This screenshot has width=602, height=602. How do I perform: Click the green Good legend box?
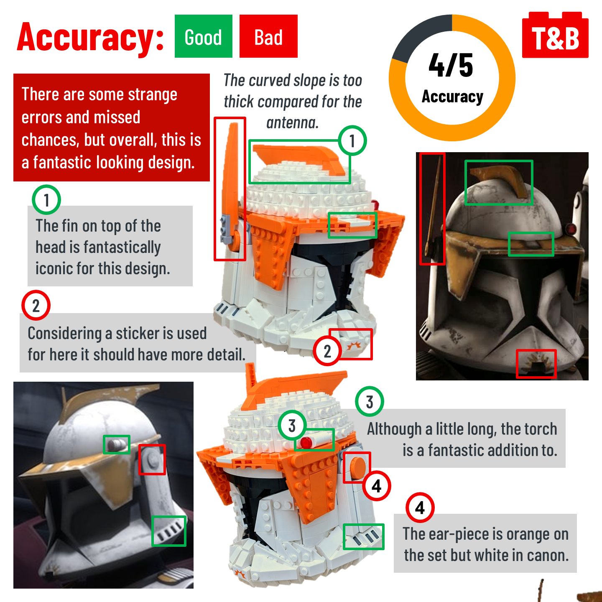click(203, 36)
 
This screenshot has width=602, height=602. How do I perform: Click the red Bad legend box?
click(268, 36)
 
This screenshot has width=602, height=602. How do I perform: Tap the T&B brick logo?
click(555, 35)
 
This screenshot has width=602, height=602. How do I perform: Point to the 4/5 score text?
click(451, 65)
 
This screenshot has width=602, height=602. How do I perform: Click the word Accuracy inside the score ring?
click(452, 97)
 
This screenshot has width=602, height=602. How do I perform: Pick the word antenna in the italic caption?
click(292, 122)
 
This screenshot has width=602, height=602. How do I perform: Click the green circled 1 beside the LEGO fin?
click(352, 140)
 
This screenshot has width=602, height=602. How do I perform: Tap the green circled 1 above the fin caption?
click(46, 200)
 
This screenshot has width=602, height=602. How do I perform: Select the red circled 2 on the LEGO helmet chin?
click(327, 351)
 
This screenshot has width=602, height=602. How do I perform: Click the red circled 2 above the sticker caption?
click(36, 305)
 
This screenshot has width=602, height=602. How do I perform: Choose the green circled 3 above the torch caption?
click(370, 401)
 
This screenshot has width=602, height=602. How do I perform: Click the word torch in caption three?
click(541, 429)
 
